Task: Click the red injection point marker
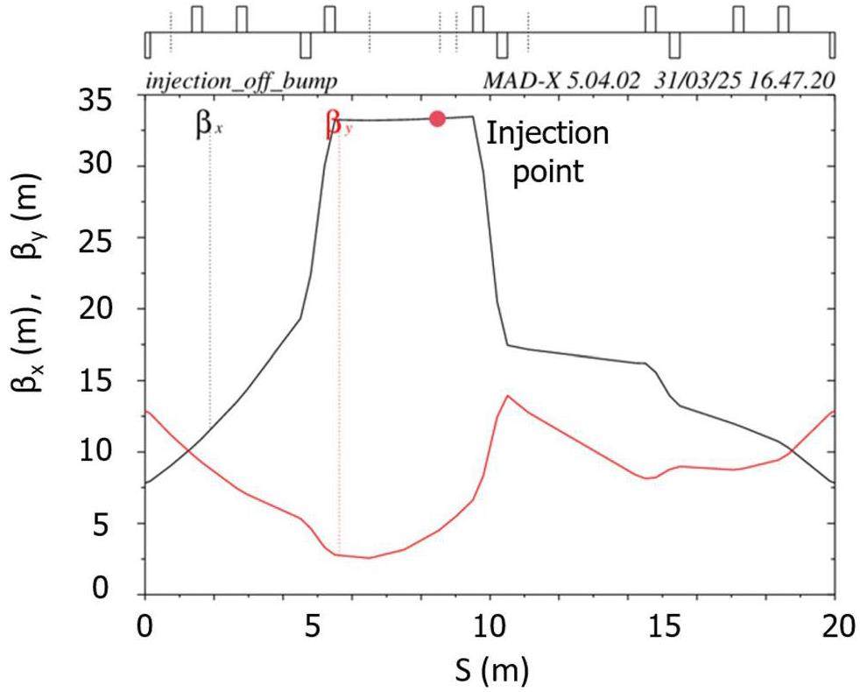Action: tap(437, 119)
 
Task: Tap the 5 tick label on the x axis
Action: tap(317, 629)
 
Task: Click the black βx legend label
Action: tap(208, 125)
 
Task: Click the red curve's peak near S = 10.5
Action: tap(507, 396)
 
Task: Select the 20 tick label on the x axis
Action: tap(835, 629)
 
